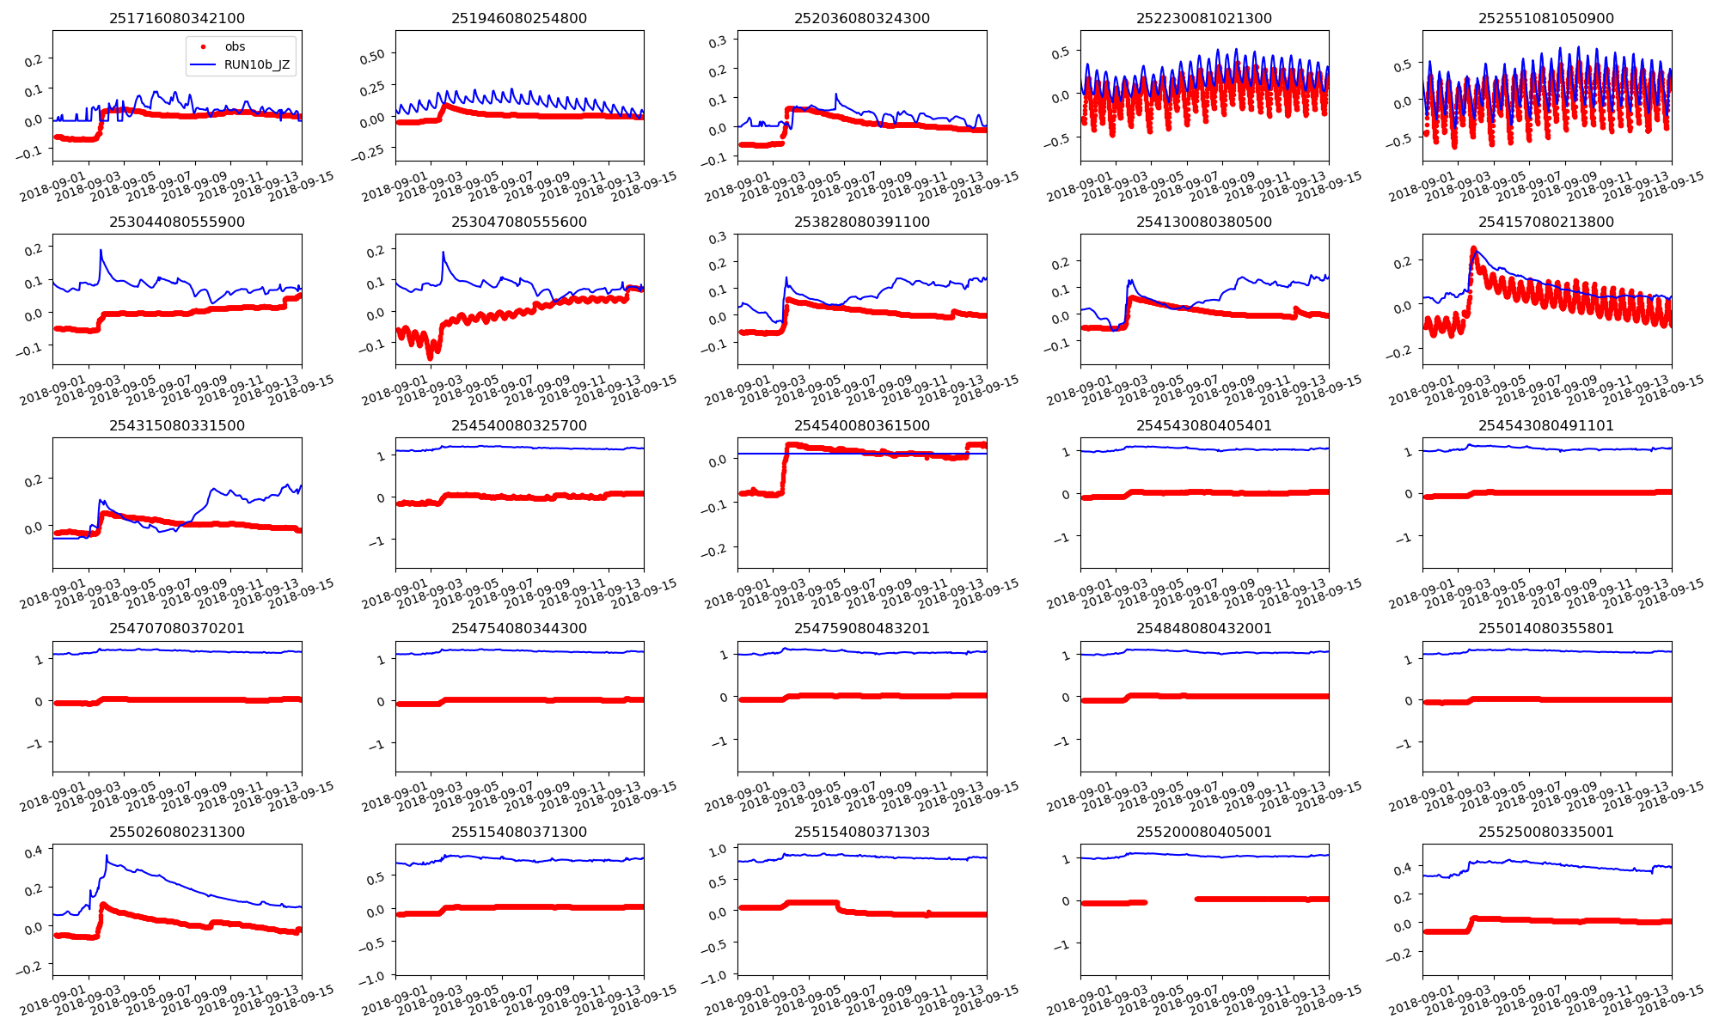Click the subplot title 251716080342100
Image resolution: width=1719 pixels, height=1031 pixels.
click(x=176, y=18)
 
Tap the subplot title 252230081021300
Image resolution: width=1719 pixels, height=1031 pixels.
click(x=1203, y=18)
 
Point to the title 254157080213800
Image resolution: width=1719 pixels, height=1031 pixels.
click(x=1546, y=222)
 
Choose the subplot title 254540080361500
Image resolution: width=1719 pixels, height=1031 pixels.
click(x=861, y=425)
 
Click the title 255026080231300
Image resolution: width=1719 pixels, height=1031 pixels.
click(x=176, y=832)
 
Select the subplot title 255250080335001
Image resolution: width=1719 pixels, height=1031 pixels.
click(x=1546, y=832)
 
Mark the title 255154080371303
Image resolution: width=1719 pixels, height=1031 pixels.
click(x=861, y=832)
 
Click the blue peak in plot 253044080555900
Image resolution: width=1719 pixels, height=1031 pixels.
click(x=101, y=250)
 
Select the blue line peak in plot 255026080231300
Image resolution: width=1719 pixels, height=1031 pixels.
click(x=107, y=856)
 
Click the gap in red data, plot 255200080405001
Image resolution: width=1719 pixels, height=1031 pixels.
click(x=1171, y=900)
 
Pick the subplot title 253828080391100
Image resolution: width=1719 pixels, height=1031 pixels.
click(x=861, y=222)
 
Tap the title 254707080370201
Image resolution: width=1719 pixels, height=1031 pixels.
click(x=176, y=628)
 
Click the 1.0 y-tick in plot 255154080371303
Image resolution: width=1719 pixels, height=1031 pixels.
click(x=718, y=850)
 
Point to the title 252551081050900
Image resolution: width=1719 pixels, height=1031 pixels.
click(x=1546, y=18)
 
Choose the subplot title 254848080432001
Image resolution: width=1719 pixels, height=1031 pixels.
click(x=1203, y=628)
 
